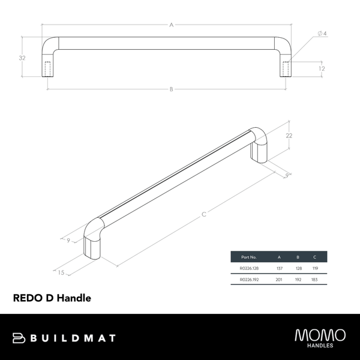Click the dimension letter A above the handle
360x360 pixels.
172,25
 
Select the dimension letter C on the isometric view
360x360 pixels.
204,215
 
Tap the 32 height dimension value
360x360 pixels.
22,58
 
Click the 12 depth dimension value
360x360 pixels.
322,68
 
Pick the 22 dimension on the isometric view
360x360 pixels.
289,136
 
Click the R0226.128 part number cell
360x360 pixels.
249,268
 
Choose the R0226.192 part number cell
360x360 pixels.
249,280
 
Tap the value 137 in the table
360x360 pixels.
280,268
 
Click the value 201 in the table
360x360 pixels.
280,280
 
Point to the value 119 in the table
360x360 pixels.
314,268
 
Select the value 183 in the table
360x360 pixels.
314,280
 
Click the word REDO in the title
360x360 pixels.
28,297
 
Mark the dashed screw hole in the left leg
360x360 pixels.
48,68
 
